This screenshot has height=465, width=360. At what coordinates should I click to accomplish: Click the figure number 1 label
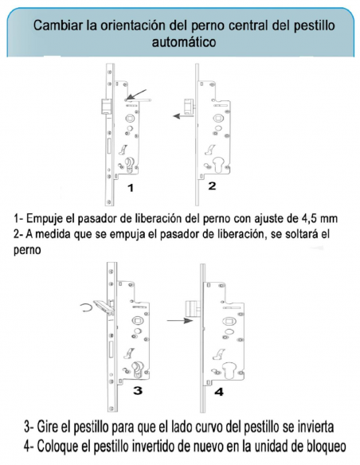131,188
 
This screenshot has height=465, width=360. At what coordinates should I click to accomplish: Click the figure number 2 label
212,186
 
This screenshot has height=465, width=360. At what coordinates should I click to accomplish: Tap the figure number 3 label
138,390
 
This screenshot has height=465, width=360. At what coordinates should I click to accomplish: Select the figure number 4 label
219,392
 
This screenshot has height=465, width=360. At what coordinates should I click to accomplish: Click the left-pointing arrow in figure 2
183,116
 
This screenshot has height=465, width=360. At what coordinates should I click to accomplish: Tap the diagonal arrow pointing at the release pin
136,94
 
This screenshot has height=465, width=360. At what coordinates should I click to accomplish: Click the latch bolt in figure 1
106,107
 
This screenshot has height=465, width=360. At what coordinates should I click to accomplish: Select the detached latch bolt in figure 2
189,106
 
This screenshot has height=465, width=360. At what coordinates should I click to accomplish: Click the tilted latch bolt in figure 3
104,307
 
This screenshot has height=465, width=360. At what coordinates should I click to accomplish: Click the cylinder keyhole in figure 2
217,166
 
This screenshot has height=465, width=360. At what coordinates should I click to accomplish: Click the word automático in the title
184,41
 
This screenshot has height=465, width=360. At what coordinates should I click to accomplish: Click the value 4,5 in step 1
308,218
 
